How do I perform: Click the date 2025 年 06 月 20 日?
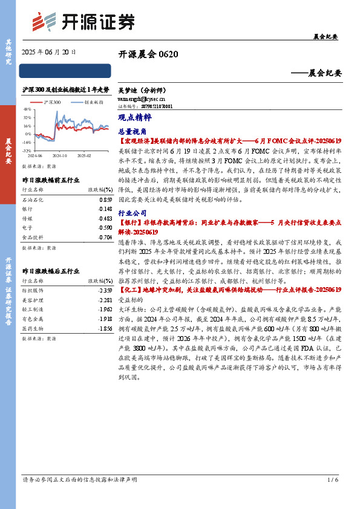[x=48, y=53]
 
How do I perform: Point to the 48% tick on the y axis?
[x=28, y=110]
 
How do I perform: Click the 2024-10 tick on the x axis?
[x=59, y=155]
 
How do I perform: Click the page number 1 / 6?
[x=332, y=497]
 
